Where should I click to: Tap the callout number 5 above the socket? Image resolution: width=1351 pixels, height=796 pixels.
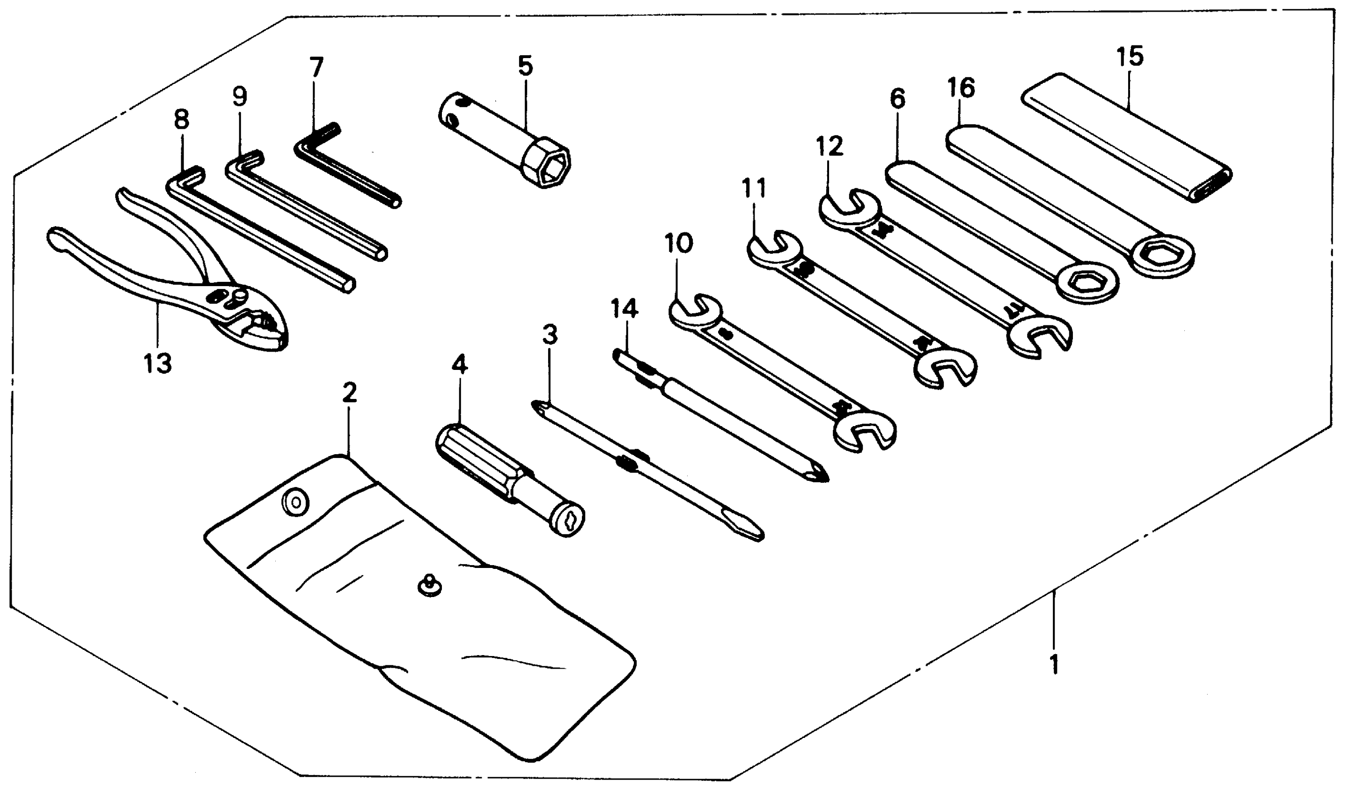(x=525, y=66)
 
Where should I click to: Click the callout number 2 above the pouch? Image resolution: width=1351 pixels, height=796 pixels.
(x=349, y=393)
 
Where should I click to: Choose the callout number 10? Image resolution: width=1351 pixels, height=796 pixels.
(x=678, y=243)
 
